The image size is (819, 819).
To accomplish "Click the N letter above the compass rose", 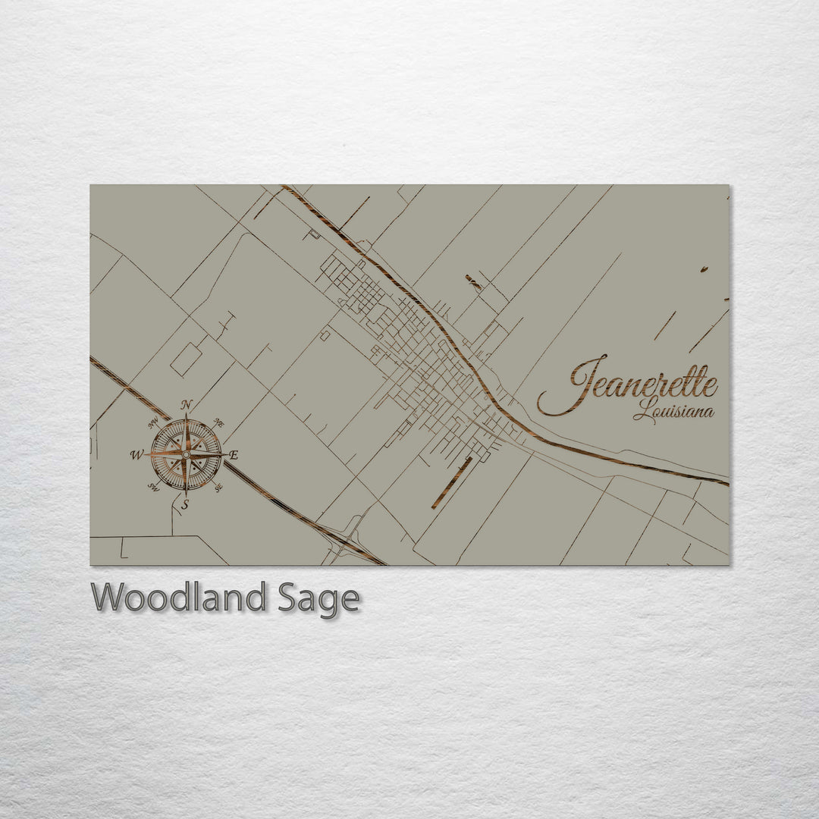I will pos(187,404).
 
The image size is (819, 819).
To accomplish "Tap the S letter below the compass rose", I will pos(184,504).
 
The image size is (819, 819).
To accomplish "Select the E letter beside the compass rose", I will pos(234,456).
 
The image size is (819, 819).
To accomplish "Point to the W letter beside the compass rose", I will pos(136,455).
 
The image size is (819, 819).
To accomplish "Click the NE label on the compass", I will pos(218,422).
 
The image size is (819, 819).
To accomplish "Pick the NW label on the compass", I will pos(154,422).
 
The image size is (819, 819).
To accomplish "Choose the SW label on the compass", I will pos(153,487).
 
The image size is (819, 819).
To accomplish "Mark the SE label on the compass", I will pos(218,488).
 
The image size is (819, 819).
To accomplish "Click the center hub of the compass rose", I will pos(186,454).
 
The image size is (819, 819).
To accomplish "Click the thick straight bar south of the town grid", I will pos(452,483).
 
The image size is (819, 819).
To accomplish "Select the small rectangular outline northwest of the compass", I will pos(185,359).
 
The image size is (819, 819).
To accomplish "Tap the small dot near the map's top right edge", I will pos(704,269).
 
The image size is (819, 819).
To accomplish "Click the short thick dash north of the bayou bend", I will pos(473,283).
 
